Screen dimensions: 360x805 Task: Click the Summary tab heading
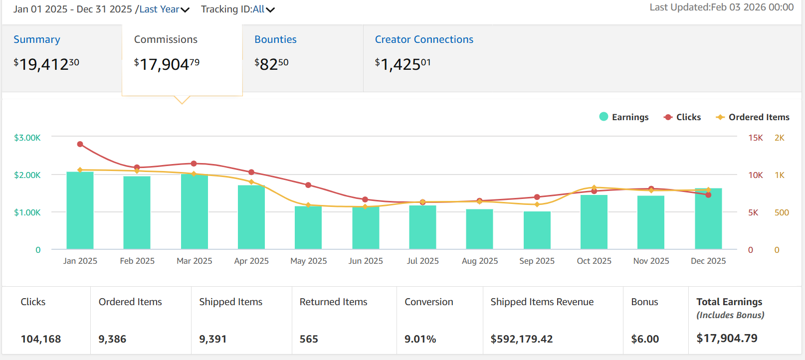(x=37, y=39)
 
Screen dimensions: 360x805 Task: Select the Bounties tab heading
(x=275, y=39)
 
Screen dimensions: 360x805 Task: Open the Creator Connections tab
(x=424, y=39)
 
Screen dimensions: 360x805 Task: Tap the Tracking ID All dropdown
(x=238, y=9)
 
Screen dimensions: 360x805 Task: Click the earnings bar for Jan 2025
(x=80, y=210)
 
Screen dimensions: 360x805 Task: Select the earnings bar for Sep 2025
(x=537, y=230)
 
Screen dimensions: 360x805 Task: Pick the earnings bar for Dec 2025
(x=708, y=219)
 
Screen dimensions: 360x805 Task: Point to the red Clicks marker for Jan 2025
(x=80, y=144)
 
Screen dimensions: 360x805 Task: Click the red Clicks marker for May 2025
(x=308, y=185)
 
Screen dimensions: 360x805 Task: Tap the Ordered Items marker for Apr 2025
(x=251, y=182)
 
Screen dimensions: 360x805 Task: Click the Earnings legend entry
(x=624, y=117)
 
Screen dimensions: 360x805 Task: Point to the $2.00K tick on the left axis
(x=27, y=175)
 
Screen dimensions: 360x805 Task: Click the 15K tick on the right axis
(x=755, y=138)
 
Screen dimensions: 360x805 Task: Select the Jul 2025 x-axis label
(x=422, y=261)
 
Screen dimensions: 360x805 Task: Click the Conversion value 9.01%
(x=420, y=339)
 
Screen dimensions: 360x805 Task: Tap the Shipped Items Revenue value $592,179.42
(x=522, y=339)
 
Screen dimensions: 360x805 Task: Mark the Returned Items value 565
(x=309, y=339)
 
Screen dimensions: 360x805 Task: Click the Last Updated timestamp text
(x=721, y=7)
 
